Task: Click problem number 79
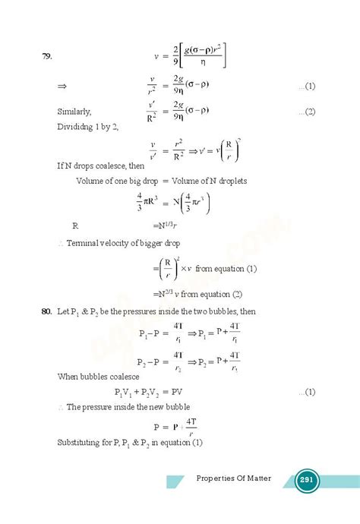pos(47,55)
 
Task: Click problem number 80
pos(47,312)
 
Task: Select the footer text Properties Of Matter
pos(235,480)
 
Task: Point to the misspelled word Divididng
pos(76,126)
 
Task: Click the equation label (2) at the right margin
pos(308,112)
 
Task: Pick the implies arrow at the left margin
pos(62,87)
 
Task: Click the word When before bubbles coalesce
pos(68,377)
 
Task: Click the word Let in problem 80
pos(65,312)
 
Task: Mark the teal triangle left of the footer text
pos(176,481)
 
